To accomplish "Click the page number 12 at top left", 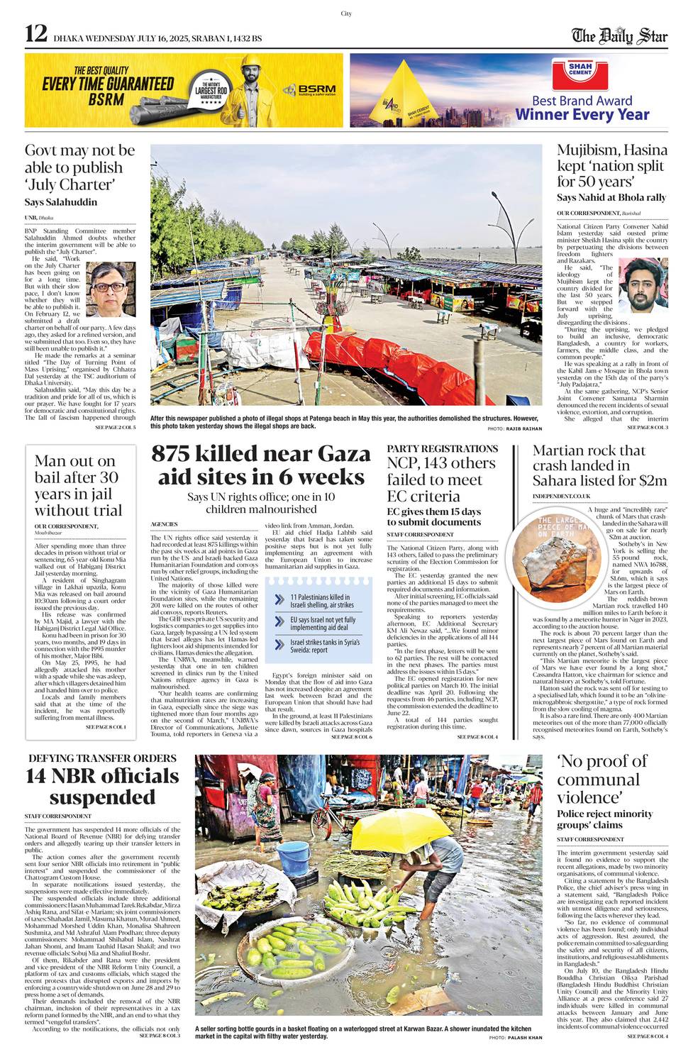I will pyautogui.click(x=36, y=33).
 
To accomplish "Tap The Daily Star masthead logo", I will pyautogui.click(x=620, y=35).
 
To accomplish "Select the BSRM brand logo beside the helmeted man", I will pyautogui.click(x=309, y=90).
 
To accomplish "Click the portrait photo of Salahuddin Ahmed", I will pyautogui.click(x=110, y=289).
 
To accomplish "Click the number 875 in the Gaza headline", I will pyautogui.click(x=187, y=454).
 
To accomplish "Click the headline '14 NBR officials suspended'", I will pyautogui.click(x=102, y=786).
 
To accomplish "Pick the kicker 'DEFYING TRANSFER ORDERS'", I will pyautogui.click(x=102, y=758).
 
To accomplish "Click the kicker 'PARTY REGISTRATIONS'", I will pyautogui.click(x=442, y=449).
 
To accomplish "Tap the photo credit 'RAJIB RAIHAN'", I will pyautogui.click(x=526, y=428).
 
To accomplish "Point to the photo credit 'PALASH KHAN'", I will pyautogui.click(x=526, y=1037).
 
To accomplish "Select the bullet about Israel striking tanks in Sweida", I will pyautogui.click(x=324, y=645).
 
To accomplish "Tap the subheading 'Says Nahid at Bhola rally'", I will pyautogui.click(x=611, y=197).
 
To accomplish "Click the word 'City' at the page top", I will pyautogui.click(x=346, y=13).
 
